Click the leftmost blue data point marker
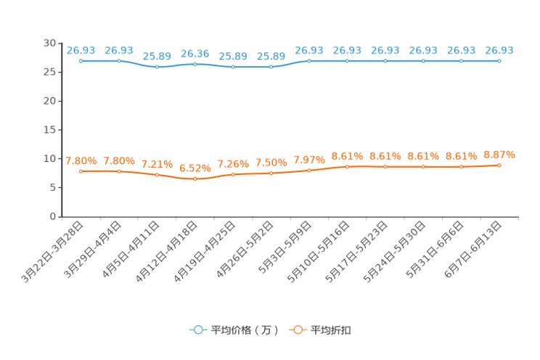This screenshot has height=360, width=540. tap(81, 61)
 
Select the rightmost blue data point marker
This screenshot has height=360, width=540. tap(499, 61)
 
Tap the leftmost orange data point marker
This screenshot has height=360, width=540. tap(81, 171)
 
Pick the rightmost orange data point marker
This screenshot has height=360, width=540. tap(499, 165)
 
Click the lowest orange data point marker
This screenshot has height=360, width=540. tap(195, 178)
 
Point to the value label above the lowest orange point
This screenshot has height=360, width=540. tap(195, 168)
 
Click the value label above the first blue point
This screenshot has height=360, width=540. tap(81, 50)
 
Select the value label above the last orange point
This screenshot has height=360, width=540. tap(499, 155)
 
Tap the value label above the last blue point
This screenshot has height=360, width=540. tap(499, 50)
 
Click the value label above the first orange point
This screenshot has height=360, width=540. tap(81, 160)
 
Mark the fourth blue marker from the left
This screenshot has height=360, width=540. tap(195, 64)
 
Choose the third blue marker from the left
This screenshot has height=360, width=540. tap(157, 67)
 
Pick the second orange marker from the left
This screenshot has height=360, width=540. tap(118, 171)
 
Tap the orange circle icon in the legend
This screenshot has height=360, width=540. tap(298, 330)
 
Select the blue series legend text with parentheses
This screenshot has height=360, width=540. tap(245, 330)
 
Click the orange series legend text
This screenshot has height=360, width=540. tap(331, 330)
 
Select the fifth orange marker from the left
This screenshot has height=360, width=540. tap(233, 174)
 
